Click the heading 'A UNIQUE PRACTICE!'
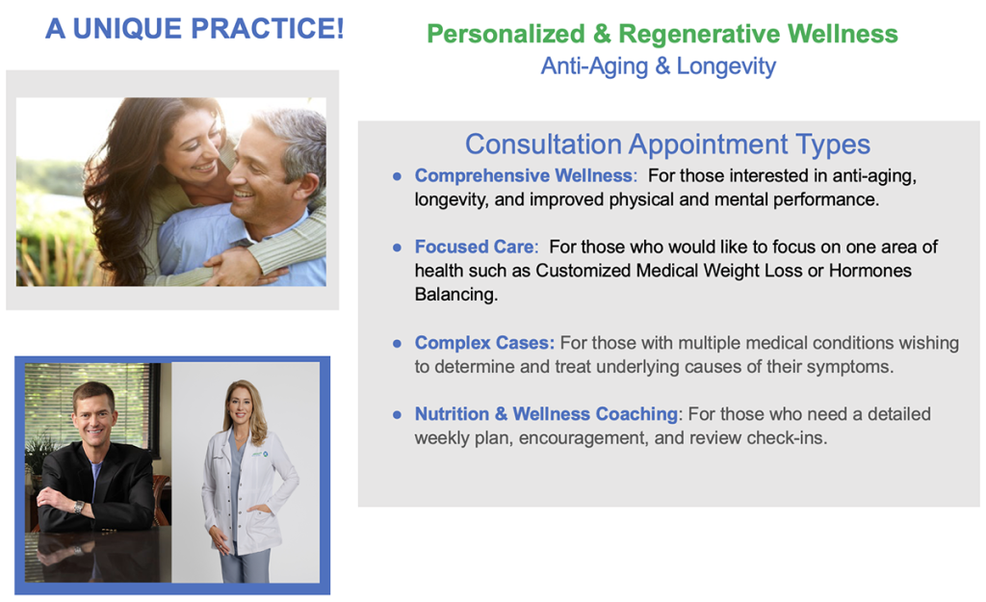195,28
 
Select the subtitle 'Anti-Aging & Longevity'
659,66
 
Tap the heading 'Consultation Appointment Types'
667,144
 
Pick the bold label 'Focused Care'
475,247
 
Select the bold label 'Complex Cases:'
484,343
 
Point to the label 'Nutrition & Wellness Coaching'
546,414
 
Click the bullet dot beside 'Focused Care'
397,248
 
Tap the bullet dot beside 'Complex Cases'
397,344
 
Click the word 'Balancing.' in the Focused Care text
455,295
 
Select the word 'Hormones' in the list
870,271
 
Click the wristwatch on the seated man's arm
79,507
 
